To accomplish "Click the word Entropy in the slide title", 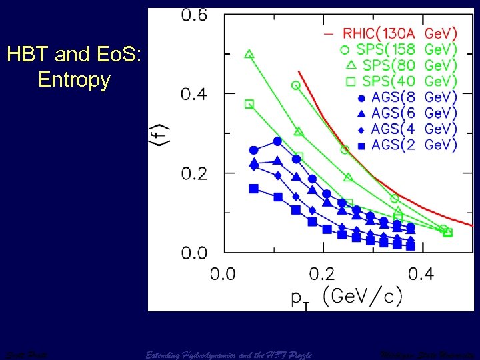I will point(74,80).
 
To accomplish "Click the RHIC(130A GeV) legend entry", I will point(390,32).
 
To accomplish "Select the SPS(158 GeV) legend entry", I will point(390,49).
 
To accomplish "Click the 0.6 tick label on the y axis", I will point(195,15).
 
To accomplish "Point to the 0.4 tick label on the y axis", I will point(195,94).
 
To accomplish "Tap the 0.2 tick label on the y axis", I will point(195,173).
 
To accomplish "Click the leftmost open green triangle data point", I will point(249,54).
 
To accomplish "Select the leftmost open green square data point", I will point(249,104).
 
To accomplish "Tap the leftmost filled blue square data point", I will point(253,189).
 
